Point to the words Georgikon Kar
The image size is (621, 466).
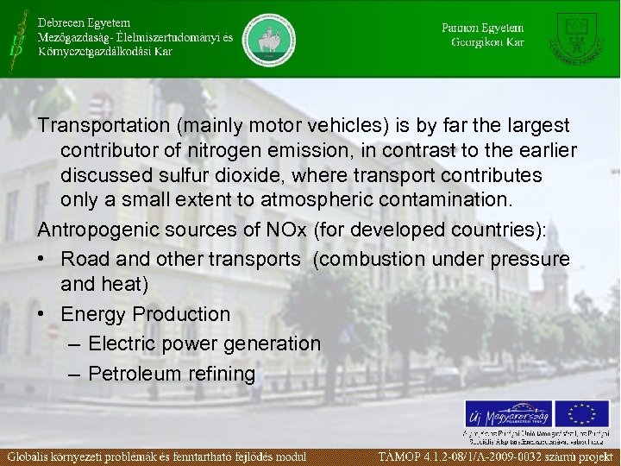click(487, 42)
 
